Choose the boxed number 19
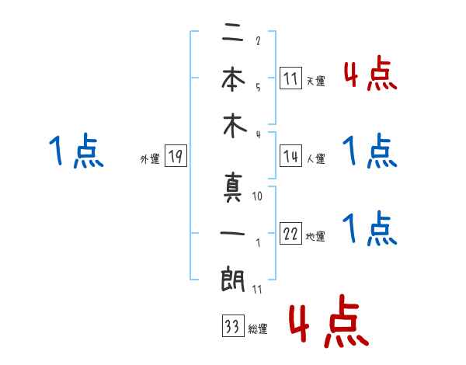[x=176, y=158]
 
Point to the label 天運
[x=315, y=81]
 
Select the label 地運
[x=315, y=237]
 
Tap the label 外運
[x=150, y=159]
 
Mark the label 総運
[x=258, y=329]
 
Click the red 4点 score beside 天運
[x=370, y=75]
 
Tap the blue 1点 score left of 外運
[x=75, y=151]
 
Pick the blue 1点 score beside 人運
[x=370, y=152]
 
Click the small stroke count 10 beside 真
[x=258, y=197]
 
